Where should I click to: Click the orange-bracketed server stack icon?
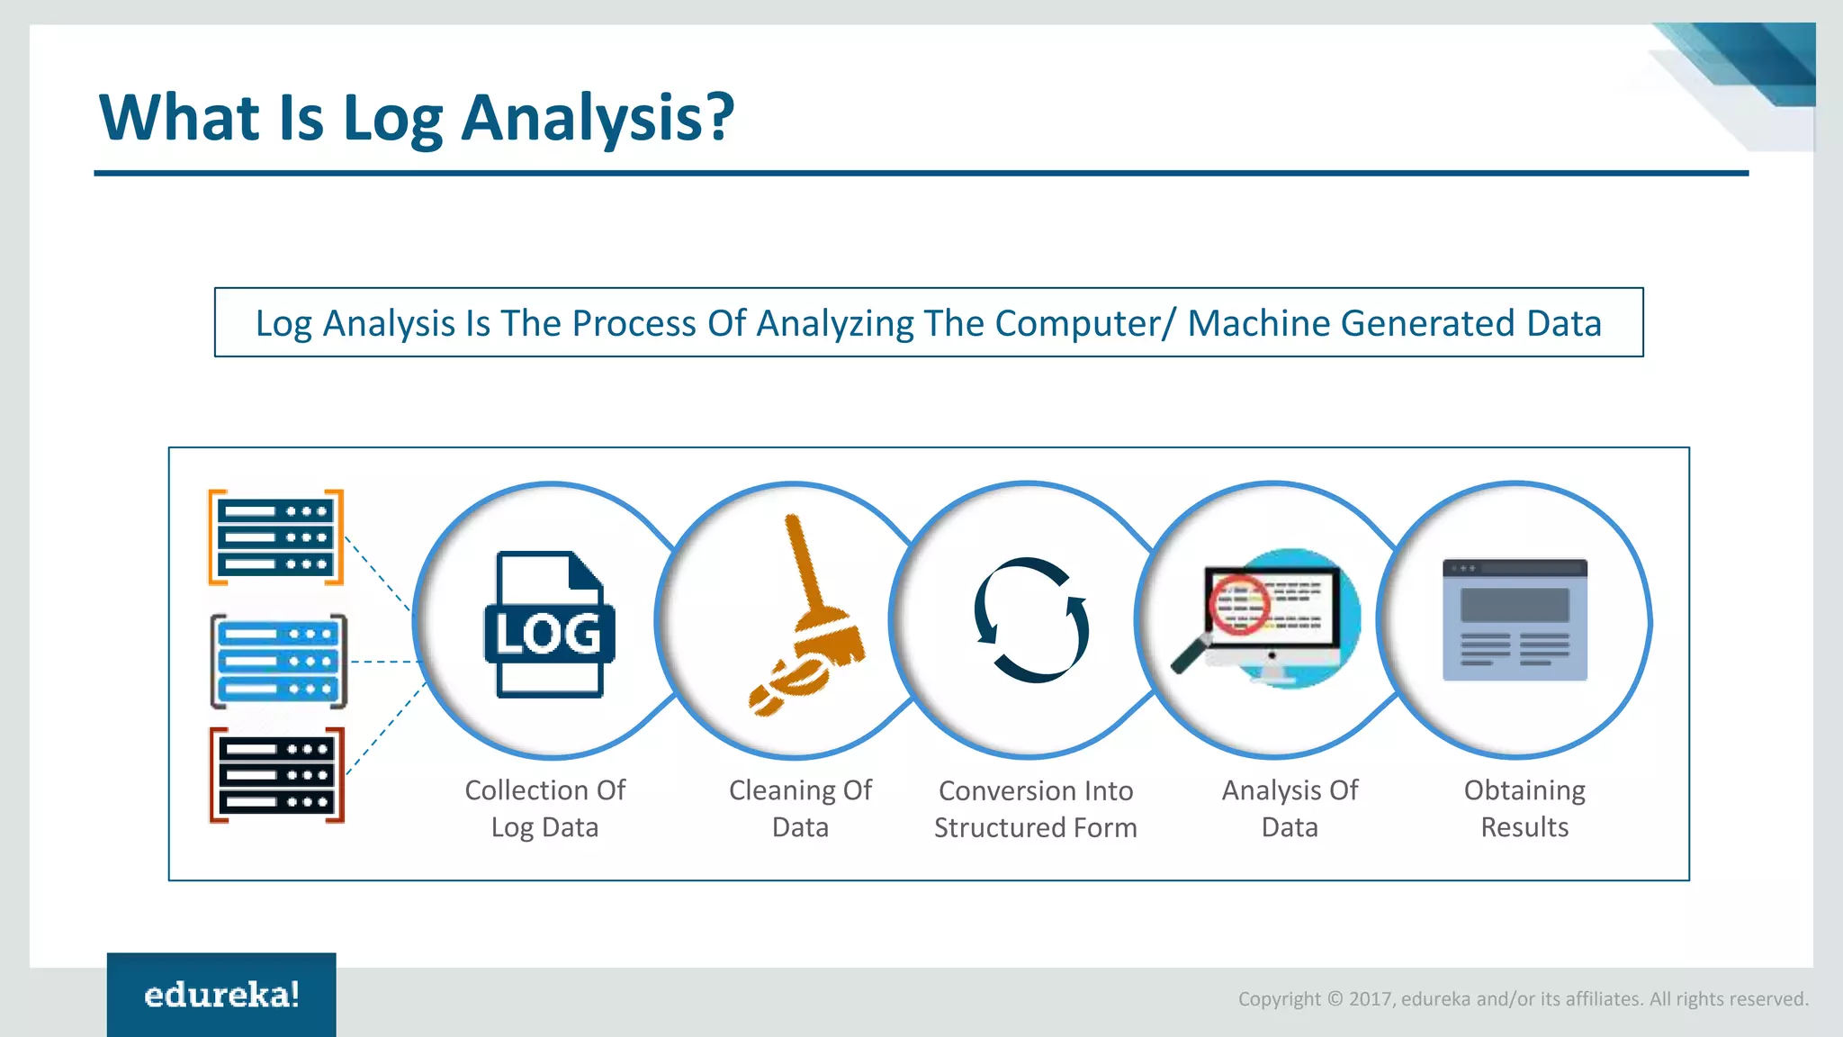tap(276, 537)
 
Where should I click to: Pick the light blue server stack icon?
tap(278, 662)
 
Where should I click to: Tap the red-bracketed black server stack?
tap(277, 775)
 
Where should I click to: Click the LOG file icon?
tap(549, 625)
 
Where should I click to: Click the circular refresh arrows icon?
tap(1031, 620)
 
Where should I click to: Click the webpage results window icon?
tap(1515, 619)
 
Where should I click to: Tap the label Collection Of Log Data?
tap(544, 808)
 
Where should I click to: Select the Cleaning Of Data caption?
tap(800, 808)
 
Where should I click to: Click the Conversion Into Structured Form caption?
tap(1036, 809)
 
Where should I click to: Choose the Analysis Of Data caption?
tap(1290, 808)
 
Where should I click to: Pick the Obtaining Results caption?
tap(1524, 808)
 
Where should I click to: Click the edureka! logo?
tap(221, 995)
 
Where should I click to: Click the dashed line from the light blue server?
tap(385, 662)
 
